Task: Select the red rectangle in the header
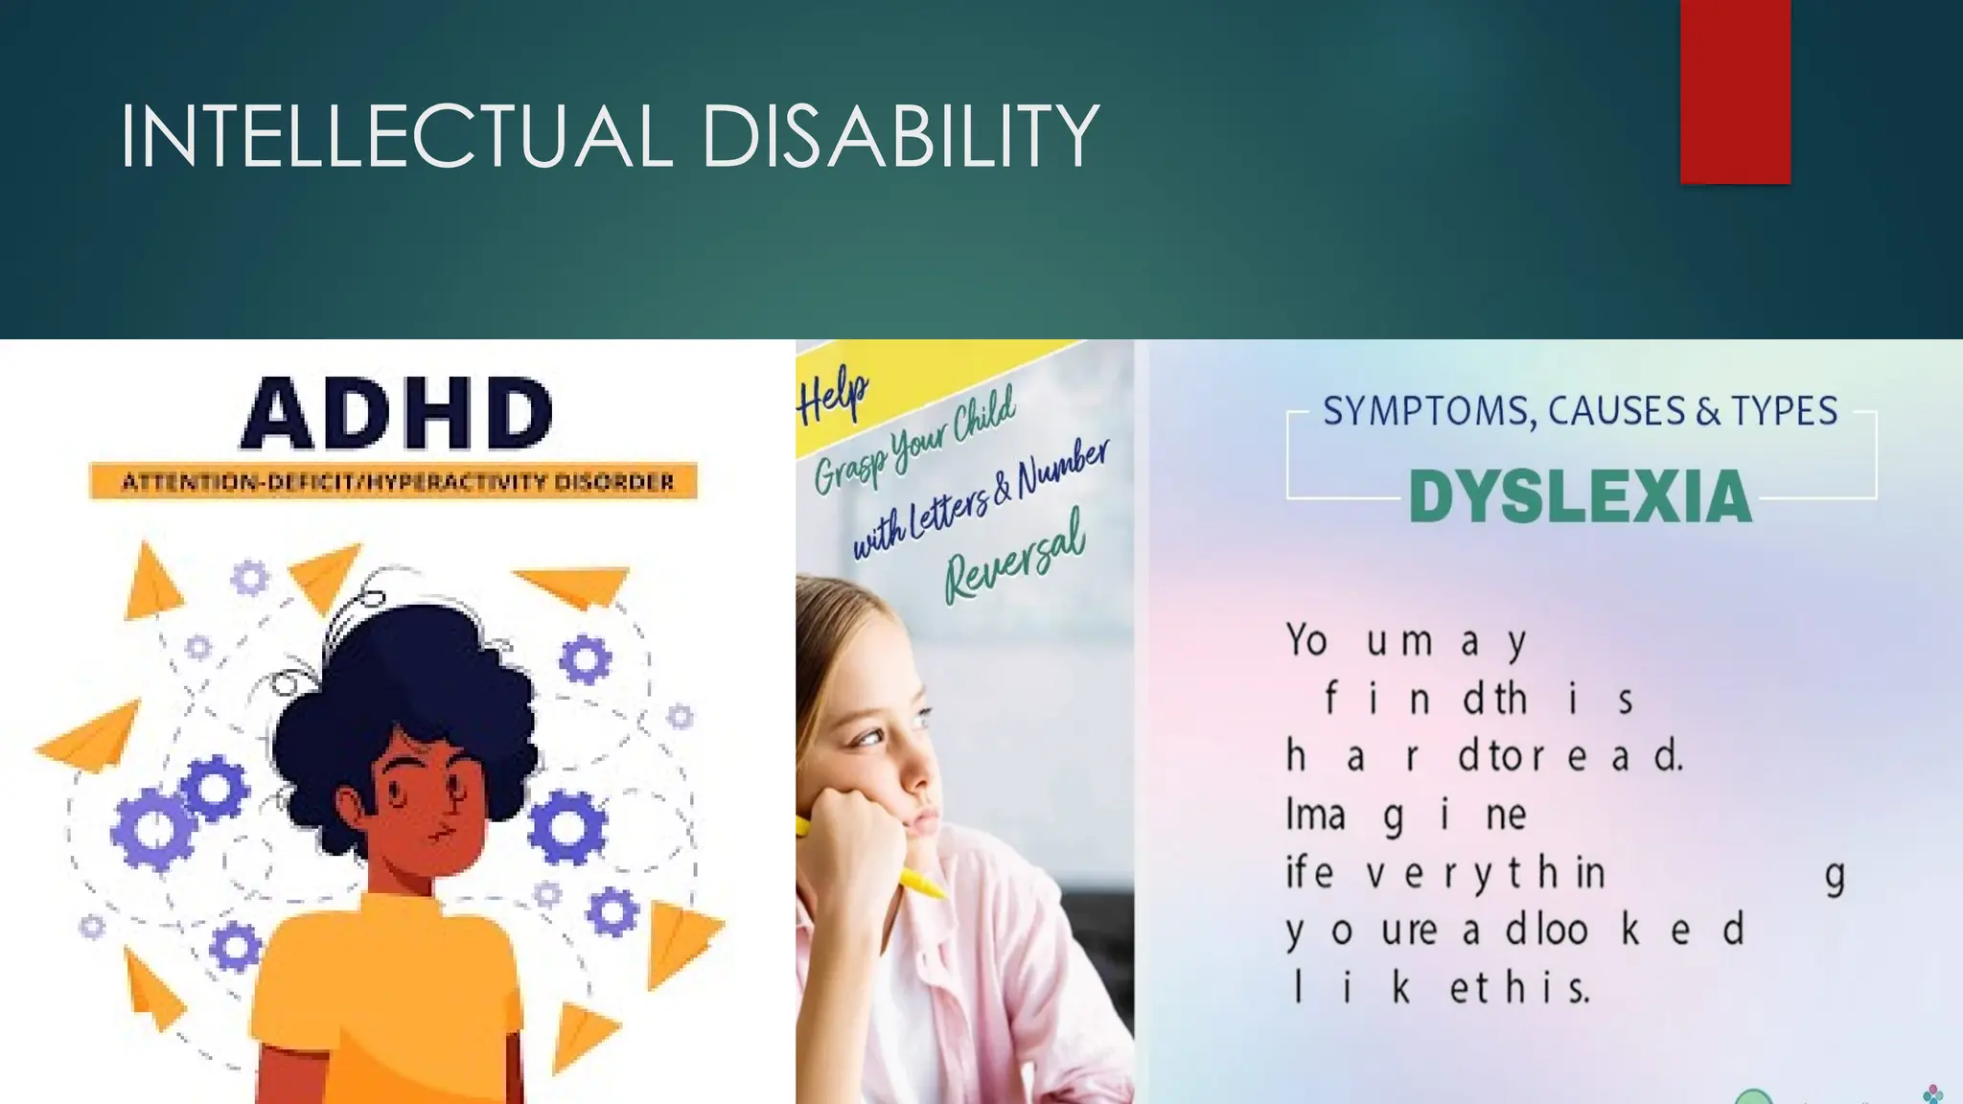[x=1735, y=91]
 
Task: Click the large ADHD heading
[x=396, y=414]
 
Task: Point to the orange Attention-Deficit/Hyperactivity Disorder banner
[x=394, y=481]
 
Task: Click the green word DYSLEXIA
[x=1580, y=496]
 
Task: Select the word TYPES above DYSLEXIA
[x=1784, y=411]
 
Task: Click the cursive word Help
[x=832, y=396]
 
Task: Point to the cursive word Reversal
[x=1016, y=557]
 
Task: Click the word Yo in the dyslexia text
[x=1306, y=640]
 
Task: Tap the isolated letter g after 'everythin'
[x=1835, y=876]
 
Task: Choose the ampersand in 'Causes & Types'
[x=1708, y=412]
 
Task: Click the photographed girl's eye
[x=869, y=737]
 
